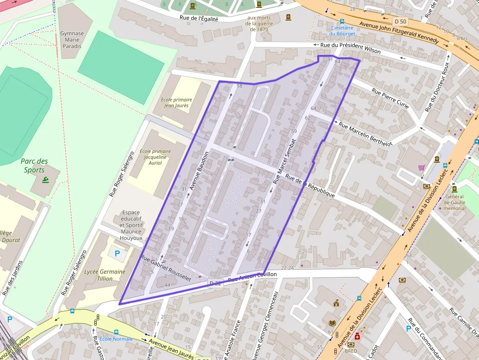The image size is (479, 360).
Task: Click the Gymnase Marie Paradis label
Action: pyautogui.click(x=71, y=40)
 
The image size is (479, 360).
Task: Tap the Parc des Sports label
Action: pyautogui.click(x=34, y=166)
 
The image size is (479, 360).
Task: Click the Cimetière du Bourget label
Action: pyautogui.click(x=342, y=31)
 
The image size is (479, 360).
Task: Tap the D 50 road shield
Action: pyautogui.click(x=400, y=21)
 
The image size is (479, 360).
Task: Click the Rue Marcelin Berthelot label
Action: pyautogui.click(x=366, y=134)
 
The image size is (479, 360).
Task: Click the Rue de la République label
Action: pyautogui.click(x=310, y=186)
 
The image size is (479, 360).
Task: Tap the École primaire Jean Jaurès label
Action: pyautogui.click(x=176, y=103)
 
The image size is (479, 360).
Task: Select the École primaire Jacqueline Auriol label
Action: pyautogui.click(x=155, y=157)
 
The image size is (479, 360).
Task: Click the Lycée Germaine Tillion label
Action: pyautogui.click(x=105, y=275)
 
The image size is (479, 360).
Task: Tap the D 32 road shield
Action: pyautogui.click(x=216, y=283)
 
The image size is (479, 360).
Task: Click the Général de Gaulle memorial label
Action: pyautogui.click(x=455, y=202)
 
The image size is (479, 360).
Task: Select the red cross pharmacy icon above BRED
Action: pyautogui.click(x=357, y=337)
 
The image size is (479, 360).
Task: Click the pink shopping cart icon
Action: pyautogui.click(x=421, y=168)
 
